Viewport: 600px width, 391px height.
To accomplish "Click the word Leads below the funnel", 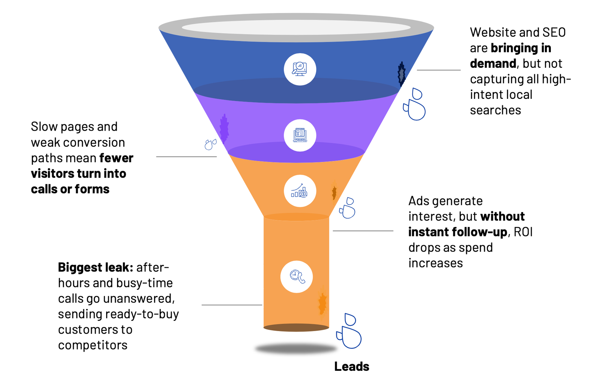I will [x=351, y=366].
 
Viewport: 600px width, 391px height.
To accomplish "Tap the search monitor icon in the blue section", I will [x=300, y=69].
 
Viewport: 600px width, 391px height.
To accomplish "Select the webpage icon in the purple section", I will [x=300, y=135].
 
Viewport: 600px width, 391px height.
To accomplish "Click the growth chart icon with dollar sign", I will [x=300, y=191].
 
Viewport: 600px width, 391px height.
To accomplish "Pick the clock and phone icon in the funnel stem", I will [x=297, y=277].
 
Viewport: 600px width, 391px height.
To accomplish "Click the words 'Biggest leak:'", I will [x=95, y=267].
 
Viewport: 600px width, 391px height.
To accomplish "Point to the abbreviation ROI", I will [x=523, y=232].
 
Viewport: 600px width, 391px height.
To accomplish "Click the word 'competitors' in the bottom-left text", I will [x=93, y=345].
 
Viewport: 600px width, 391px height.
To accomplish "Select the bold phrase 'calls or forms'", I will [x=70, y=189].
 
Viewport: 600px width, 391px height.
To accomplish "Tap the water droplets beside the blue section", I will [x=415, y=104].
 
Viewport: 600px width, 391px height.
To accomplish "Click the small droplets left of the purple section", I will [x=210, y=144].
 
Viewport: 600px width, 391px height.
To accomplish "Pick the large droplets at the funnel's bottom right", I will [x=349, y=331].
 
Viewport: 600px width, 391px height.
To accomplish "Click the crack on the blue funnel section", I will [x=402, y=74].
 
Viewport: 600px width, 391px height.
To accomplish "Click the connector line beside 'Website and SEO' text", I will [x=438, y=70].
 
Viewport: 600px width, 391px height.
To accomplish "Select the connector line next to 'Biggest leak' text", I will [x=231, y=305].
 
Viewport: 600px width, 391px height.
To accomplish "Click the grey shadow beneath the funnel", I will [x=296, y=349].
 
